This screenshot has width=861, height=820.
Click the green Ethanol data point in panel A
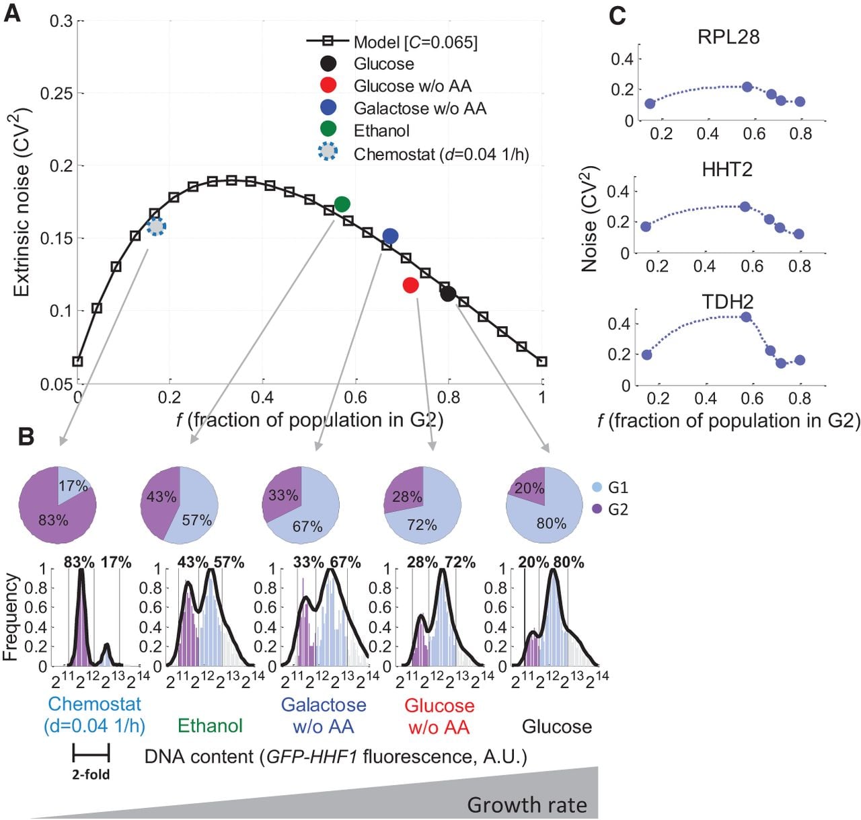tap(342, 204)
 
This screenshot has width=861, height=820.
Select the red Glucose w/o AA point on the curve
tap(410, 285)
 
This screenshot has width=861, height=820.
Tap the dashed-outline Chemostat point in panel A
tap(156, 227)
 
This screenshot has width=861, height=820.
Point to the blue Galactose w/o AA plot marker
tap(389, 235)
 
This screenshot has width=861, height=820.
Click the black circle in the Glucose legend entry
tap(328, 63)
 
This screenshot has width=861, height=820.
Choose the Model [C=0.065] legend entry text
tap(415, 42)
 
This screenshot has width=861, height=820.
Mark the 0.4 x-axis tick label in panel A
tap(262, 397)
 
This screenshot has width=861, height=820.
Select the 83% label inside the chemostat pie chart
tap(53, 520)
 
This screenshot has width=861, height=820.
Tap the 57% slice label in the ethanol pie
tap(196, 520)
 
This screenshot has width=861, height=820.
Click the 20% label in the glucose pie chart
tap(529, 488)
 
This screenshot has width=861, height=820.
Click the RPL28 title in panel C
tap(728, 37)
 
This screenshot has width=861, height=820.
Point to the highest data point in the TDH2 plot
tap(745, 317)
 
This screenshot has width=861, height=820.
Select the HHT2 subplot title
tap(727, 169)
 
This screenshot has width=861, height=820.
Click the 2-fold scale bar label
tap(91, 774)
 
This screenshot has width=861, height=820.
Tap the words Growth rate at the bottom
tap(527, 805)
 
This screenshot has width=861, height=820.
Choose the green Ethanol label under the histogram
tap(210, 725)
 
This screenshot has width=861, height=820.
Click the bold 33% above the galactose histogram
tap(308, 562)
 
